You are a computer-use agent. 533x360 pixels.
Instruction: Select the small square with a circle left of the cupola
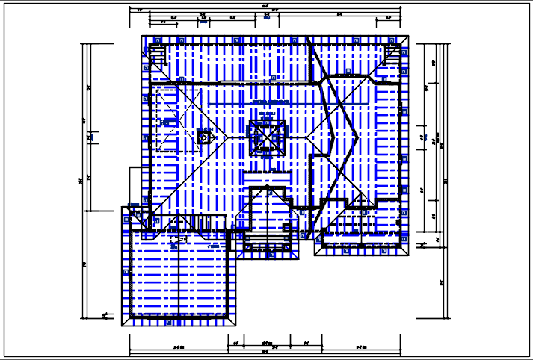pyautogui.click(x=203, y=137)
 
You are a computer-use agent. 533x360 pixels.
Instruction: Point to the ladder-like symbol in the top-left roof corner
pyautogui.click(x=158, y=56)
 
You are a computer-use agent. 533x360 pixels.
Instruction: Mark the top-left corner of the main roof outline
pyautogui.click(x=142, y=35)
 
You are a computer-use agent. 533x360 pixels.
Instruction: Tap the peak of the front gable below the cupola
pyautogui.click(x=266, y=187)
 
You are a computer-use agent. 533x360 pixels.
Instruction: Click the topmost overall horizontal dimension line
pyautogui.click(x=265, y=10)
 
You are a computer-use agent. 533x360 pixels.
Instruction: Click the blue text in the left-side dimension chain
pyautogui.click(x=90, y=137)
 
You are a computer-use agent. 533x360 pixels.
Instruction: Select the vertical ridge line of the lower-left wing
pyautogui.click(x=179, y=276)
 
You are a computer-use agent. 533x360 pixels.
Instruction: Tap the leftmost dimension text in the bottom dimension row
pyautogui.click(x=178, y=347)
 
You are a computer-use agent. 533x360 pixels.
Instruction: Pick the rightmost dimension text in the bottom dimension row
pyautogui.click(x=361, y=347)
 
